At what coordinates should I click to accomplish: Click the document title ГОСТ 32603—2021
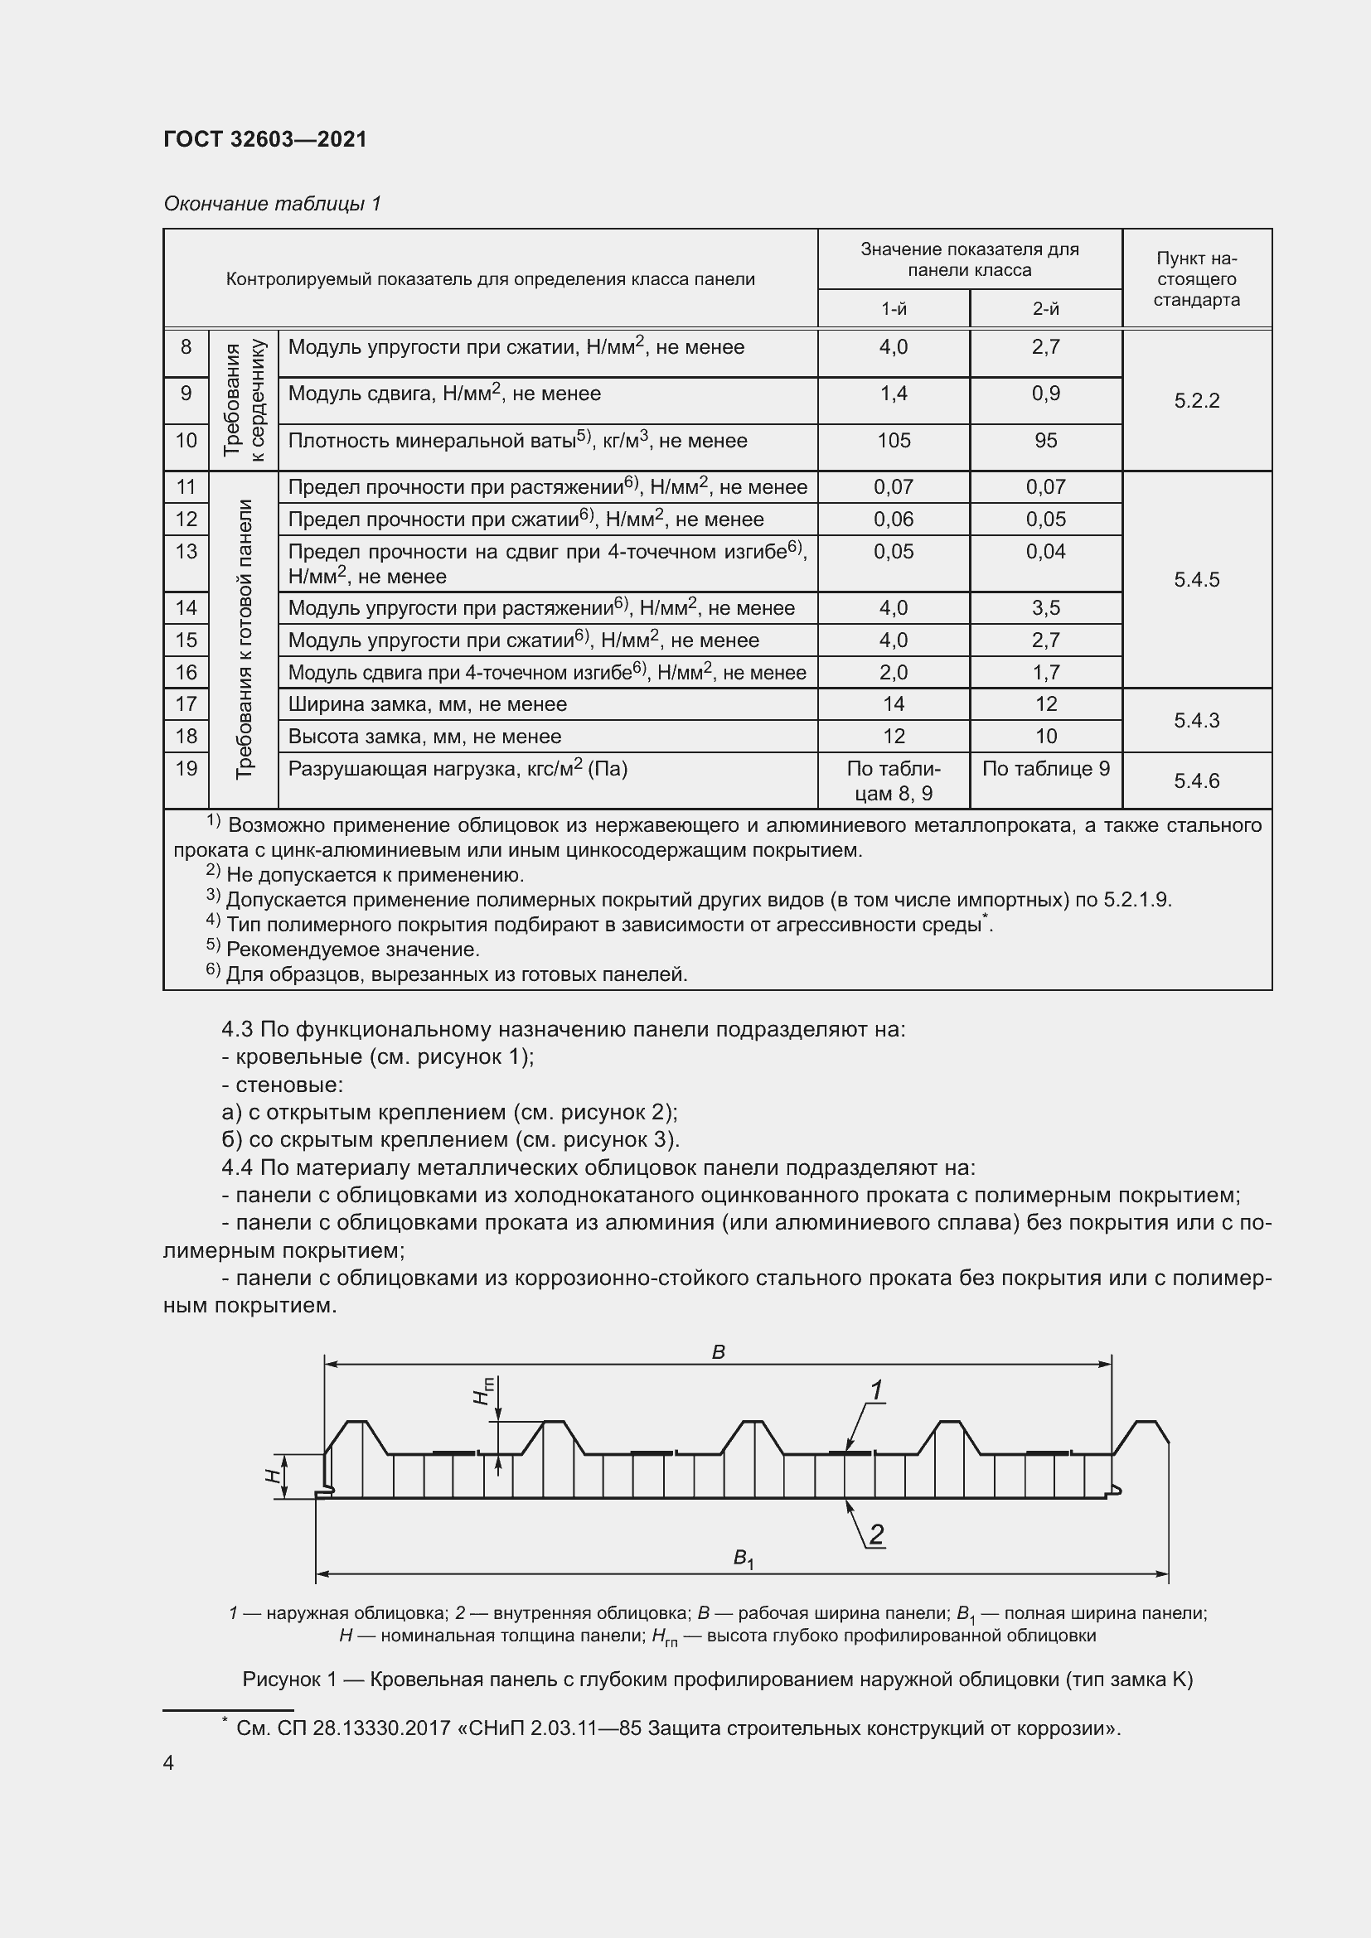(265, 139)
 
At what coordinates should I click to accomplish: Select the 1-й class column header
(894, 309)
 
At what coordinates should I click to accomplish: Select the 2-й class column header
(1045, 309)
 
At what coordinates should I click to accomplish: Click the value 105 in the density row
(894, 441)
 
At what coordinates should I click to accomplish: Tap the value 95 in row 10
(1045, 441)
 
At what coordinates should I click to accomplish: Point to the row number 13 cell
(186, 552)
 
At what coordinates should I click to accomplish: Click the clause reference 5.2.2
(1196, 401)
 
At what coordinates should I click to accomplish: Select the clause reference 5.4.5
(1196, 580)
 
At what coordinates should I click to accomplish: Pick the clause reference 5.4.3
(1196, 721)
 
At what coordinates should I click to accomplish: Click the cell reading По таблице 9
(1045, 769)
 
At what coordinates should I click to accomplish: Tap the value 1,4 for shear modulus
(894, 394)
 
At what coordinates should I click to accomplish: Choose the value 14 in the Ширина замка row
(894, 704)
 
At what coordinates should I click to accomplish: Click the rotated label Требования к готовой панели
(244, 639)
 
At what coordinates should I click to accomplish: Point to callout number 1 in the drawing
(876, 1390)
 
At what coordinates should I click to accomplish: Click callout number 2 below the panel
(876, 1534)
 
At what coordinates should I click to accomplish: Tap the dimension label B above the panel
(719, 1352)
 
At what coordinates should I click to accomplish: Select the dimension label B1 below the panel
(743, 1559)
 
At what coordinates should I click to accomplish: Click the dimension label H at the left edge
(273, 1476)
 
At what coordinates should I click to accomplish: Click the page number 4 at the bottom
(169, 1763)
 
